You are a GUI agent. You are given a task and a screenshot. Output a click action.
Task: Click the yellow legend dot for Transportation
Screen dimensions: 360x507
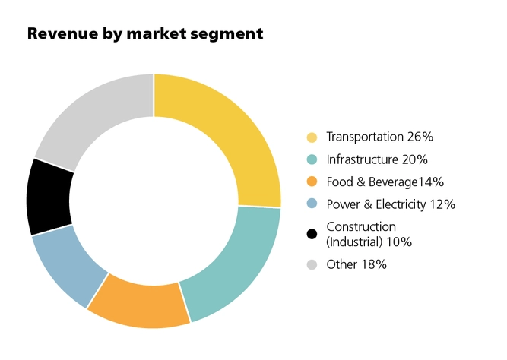coord(312,137)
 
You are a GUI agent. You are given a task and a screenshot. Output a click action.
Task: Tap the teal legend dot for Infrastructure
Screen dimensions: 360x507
coord(312,159)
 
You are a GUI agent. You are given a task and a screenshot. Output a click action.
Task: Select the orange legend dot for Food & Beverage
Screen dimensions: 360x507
coord(312,182)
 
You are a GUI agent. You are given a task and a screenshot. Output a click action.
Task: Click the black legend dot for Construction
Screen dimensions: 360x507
coord(312,233)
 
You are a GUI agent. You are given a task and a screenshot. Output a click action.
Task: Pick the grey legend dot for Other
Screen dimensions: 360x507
coord(312,264)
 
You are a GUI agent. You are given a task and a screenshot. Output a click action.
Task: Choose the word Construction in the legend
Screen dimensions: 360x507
coord(361,226)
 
